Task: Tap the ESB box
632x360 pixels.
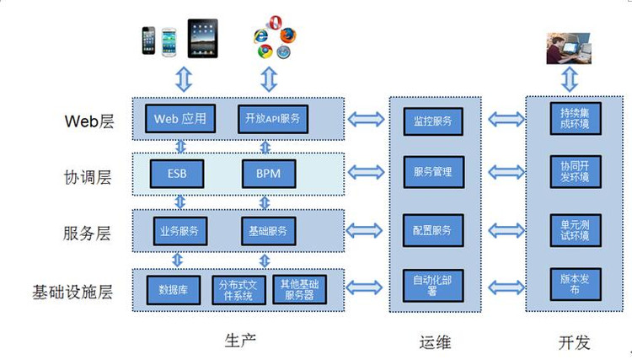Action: pyautogui.click(x=177, y=174)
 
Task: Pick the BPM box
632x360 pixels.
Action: pyautogui.click(x=268, y=174)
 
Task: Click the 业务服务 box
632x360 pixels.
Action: pyautogui.click(x=178, y=230)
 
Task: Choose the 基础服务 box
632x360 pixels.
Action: pyautogui.click(x=268, y=230)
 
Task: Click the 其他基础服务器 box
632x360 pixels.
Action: pyautogui.click(x=299, y=290)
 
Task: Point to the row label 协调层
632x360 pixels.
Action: pyautogui.click(x=88, y=177)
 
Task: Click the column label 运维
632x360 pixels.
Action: pyautogui.click(x=435, y=341)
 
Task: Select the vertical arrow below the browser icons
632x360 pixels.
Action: pyautogui.click(x=269, y=79)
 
